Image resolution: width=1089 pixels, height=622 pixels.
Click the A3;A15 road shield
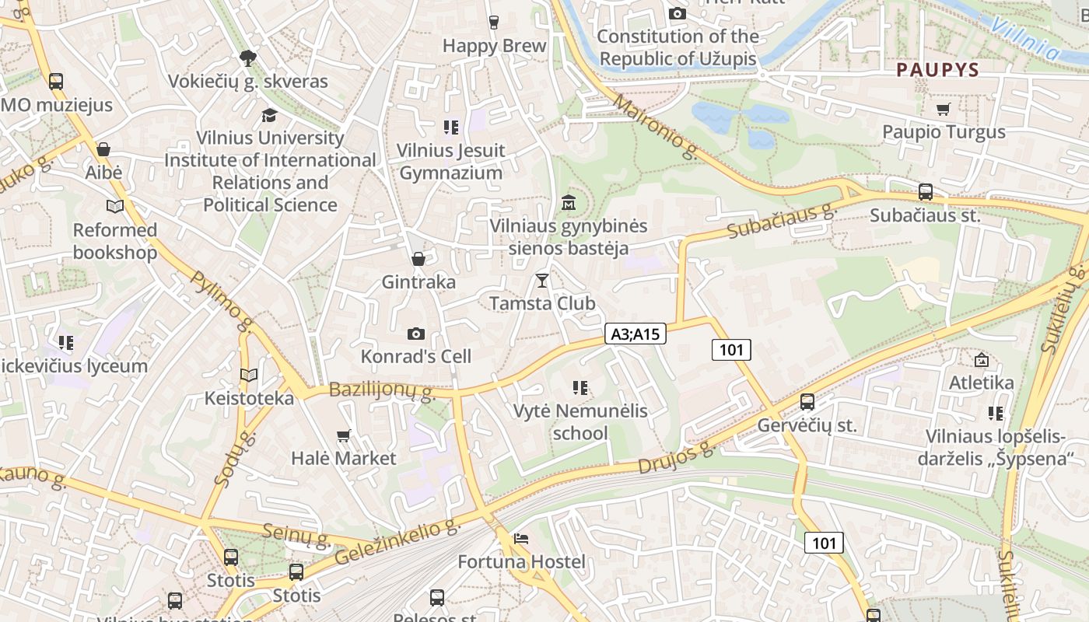coord(635,334)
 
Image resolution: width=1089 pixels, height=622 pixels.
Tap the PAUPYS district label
coord(937,70)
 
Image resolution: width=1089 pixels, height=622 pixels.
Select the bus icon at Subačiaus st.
coord(925,192)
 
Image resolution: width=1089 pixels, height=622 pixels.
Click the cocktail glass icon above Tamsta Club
coord(542,280)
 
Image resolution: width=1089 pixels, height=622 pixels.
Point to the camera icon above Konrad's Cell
coord(416,334)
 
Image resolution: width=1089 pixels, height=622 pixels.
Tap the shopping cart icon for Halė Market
coord(344,435)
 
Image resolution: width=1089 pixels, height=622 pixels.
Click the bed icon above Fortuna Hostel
coord(521,538)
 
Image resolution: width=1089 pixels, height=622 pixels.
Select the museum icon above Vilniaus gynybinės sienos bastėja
coord(569,202)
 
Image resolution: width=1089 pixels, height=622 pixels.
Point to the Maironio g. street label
coord(655,127)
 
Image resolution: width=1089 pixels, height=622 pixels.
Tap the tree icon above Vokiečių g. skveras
coord(248,58)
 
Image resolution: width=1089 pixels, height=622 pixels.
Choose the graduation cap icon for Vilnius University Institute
coord(269,115)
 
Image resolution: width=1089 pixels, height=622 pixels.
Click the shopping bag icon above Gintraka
coord(418,258)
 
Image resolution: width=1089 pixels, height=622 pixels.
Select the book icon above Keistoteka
coord(249,375)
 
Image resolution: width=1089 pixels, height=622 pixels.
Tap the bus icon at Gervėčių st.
coord(807,402)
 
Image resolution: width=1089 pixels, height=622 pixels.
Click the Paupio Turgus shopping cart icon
coord(944,109)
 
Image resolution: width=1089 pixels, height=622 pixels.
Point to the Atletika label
coord(981,383)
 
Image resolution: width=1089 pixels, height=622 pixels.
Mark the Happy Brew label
coord(495,46)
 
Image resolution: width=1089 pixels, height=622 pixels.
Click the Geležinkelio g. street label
coord(397,543)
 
